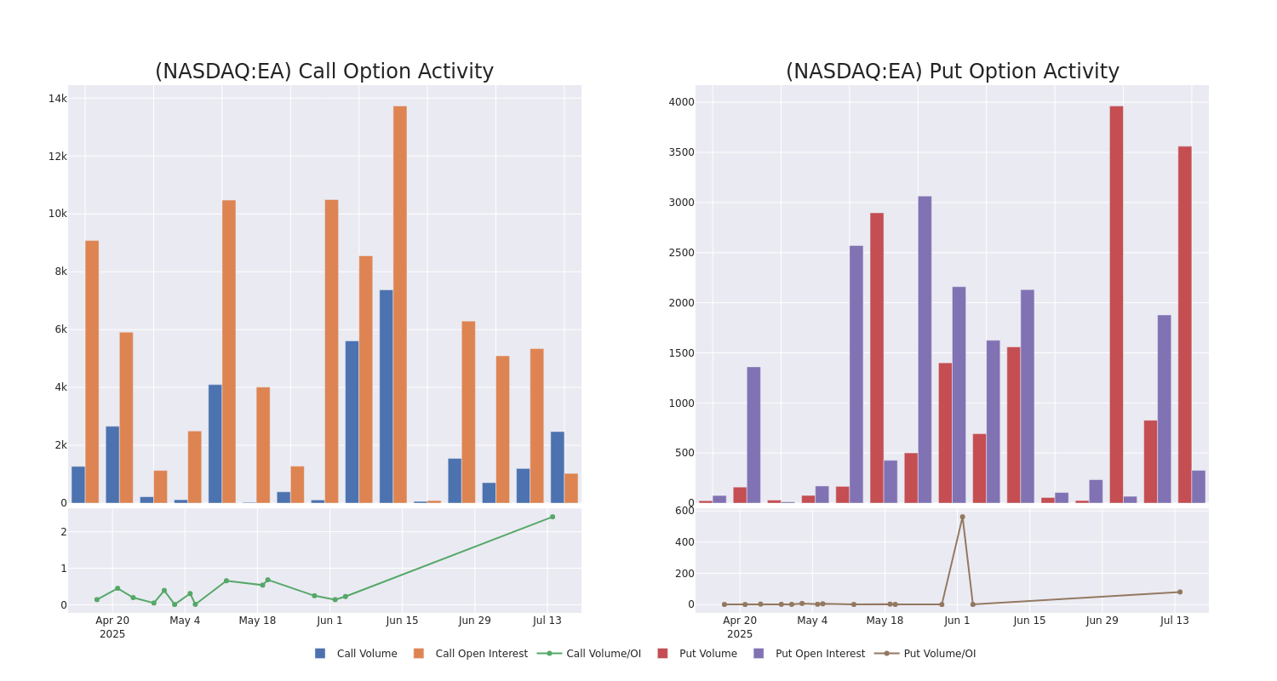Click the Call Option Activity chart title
coord(324,72)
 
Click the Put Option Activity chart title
coord(952,72)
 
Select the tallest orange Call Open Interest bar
coord(400,304)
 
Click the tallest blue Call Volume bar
coord(387,396)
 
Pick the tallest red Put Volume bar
coord(1116,304)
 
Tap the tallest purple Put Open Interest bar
coord(925,349)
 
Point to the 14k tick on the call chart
coord(58,99)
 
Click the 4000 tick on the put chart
coord(681,102)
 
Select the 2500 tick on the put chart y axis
coord(681,253)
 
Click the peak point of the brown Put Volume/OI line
coord(963,517)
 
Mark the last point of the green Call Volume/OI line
coord(552,517)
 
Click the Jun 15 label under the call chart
coord(403,621)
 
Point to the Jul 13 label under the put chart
coord(1175,621)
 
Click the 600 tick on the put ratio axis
coord(684,511)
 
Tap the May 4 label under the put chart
coord(812,621)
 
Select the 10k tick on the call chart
coord(58,214)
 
